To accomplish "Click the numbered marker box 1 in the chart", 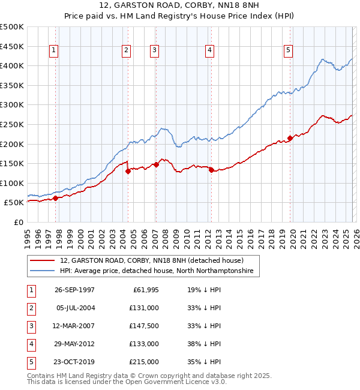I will (x=54, y=51).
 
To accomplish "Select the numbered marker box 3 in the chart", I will (x=154, y=51).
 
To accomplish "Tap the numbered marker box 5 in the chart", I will (x=289, y=51).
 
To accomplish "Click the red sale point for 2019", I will (x=290, y=138).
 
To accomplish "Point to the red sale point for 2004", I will (x=128, y=171).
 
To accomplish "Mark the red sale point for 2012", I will (x=211, y=170).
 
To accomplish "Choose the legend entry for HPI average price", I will (x=156, y=271).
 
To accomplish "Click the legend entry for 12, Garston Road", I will (x=151, y=261).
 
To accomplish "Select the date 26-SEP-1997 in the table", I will (x=74, y=290).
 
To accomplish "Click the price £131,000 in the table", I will (x=144, y=308).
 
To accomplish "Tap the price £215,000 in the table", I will (x=144, y=362).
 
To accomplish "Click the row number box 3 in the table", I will (x=30, y=326).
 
